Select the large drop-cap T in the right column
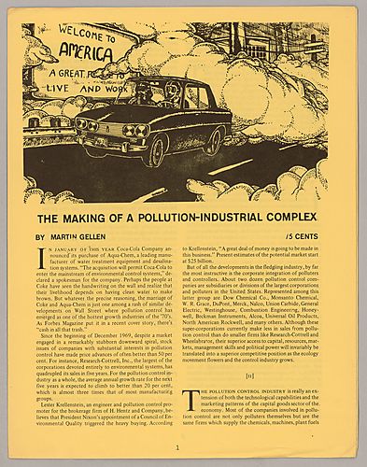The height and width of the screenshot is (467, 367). click(x=191, y=396)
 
